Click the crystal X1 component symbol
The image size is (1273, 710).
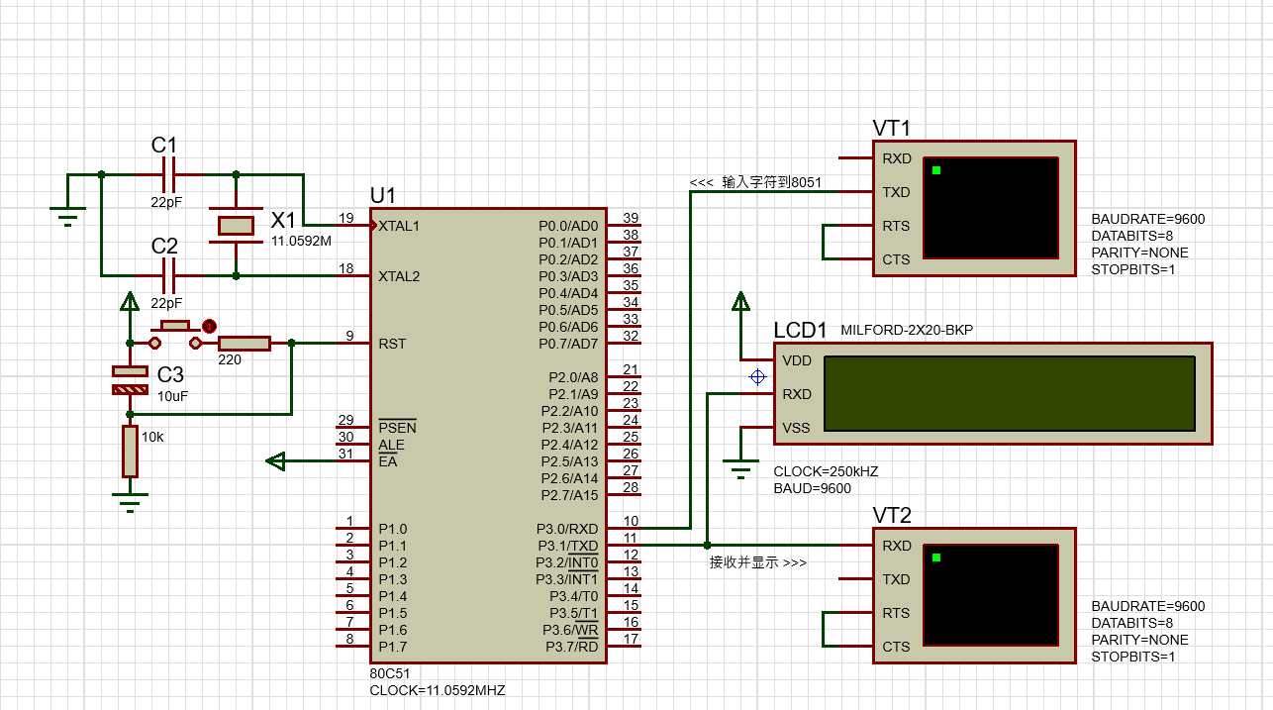pyautogui.click(x=236, y=226)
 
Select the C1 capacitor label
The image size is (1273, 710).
pyautogui.click(x=163, y=145)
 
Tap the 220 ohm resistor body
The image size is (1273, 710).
pyautogui.click(x=245, y=344)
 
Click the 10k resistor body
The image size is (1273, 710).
pyautogui.click(x=130, y=452)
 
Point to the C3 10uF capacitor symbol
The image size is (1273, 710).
pyautogui.click(x=130, y=380)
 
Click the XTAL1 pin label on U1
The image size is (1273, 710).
pyautogui.click(x=399, y=226)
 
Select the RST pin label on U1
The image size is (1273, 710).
pyautogui.click(x=392, y=344)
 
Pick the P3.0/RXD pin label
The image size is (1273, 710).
pyautogui.click(x=567, y=529)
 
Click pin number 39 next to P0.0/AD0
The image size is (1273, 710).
pyautogui.click(x=631, y=218)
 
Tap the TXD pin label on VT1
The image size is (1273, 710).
pyautogui.click(x=896, y=193)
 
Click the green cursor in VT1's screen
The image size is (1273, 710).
pyautogui.click(x=936, y=170)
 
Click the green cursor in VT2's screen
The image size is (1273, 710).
pyautogui.click(x=936, y=558)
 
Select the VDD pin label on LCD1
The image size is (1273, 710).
pyautogui.click(x=797, y=361)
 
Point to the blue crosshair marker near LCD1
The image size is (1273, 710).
pyautogui.click(x=757, y=377)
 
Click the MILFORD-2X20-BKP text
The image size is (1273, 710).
pyautogui.click(x=907, y=331)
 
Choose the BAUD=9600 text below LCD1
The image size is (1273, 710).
pyautogui.click(x=812, y=489)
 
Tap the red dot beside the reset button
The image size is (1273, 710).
pyautogui.click(x=209, y=327)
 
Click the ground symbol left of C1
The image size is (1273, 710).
pyautogui.click(x=67, y=216)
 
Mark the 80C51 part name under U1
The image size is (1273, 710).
pyautogui.click(x=390, y=674)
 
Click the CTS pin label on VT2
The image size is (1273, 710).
pyautogui.click(x=896, y=647)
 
